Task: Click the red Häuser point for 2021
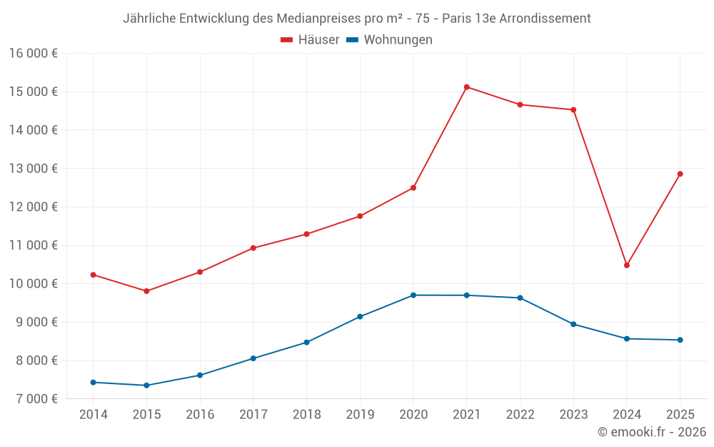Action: pyautogui.click(x=466, y=87)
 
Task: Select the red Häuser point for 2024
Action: pyautogui.click(x=626, y=265)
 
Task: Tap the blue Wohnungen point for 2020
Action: pyautogui.click(x=413, y=295)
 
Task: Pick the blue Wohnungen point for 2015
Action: pyautogui.click(x=146, y=385)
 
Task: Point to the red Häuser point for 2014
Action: pyautogui.click(x=94, y=275)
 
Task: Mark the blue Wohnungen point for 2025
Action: pyautogui.click(x=680, y=340)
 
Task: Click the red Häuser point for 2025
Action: pyautogui.click(x=680, y=174)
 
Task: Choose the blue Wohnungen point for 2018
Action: pyautogui.click(x=306, y=343)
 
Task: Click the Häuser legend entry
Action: pyautogui.click(x=310, y=40)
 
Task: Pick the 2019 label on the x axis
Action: pyautogui.click(x=360, y=415)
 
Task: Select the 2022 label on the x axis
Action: pyautogui.click(x=520, y=415)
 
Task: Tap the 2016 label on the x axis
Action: pyautogui.click(x=200, y=415)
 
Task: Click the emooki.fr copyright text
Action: pyautogui.click(x=651, y=432)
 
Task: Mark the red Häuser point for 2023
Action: pyautogui.click(x=573, y=109)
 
